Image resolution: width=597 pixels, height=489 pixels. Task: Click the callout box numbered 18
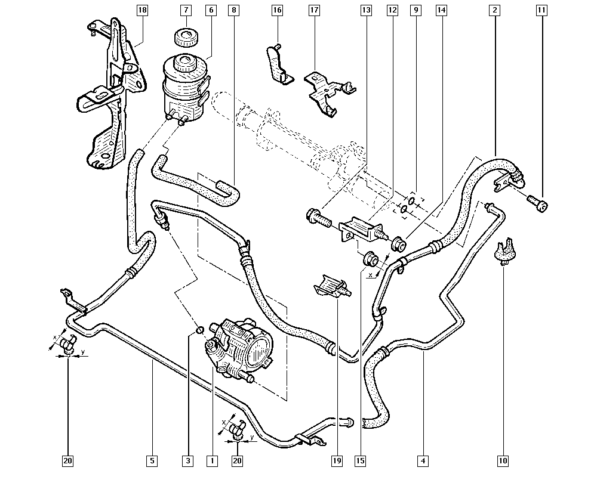click(142, 10)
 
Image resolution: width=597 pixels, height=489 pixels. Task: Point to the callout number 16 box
click(277, 10)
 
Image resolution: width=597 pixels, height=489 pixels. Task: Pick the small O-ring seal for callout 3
click(199, 329)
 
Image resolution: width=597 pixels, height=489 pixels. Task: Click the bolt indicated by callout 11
click(538, 203)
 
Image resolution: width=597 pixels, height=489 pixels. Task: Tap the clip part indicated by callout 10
click(503, 249)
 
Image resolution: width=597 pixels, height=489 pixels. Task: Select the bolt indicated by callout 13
click(319, 218)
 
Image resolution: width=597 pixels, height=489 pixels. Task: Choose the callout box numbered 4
click(423, 461)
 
